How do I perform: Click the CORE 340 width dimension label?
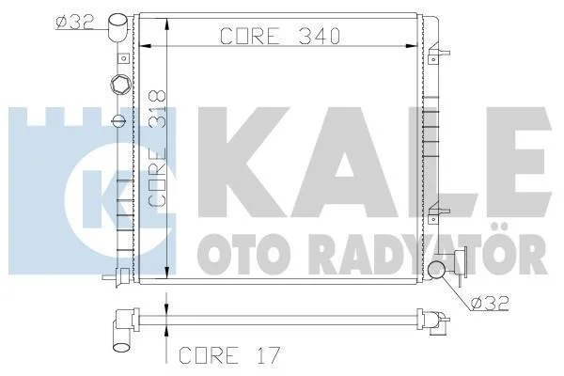pos(280,36)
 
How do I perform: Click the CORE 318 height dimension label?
pos(157,149)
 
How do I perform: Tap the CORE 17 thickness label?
pos(229,355)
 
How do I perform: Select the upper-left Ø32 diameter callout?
pos(75,23)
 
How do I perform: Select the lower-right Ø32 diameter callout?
pos(490,303)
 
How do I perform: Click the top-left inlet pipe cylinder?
pos(118,27)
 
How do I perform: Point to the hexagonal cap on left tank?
pos(120,85)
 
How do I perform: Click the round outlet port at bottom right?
pos(436,270)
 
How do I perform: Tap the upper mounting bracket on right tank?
pos(438,54)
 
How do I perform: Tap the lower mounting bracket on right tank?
pos(438,213)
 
